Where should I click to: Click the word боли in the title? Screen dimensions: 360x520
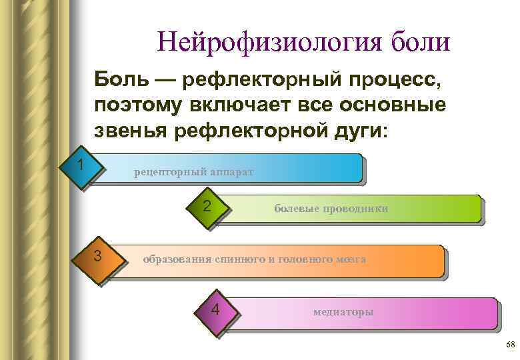click(x=419, y=42)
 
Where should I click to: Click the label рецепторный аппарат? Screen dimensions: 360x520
click(x=193, y=172)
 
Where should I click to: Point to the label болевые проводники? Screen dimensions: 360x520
click(x=331, y=209)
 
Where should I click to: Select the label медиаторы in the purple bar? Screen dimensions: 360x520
click(x=343, y=312)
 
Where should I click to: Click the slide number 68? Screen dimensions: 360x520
click(x=509, y=344)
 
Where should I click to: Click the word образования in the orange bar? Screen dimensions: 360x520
click(x=177, y=259)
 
